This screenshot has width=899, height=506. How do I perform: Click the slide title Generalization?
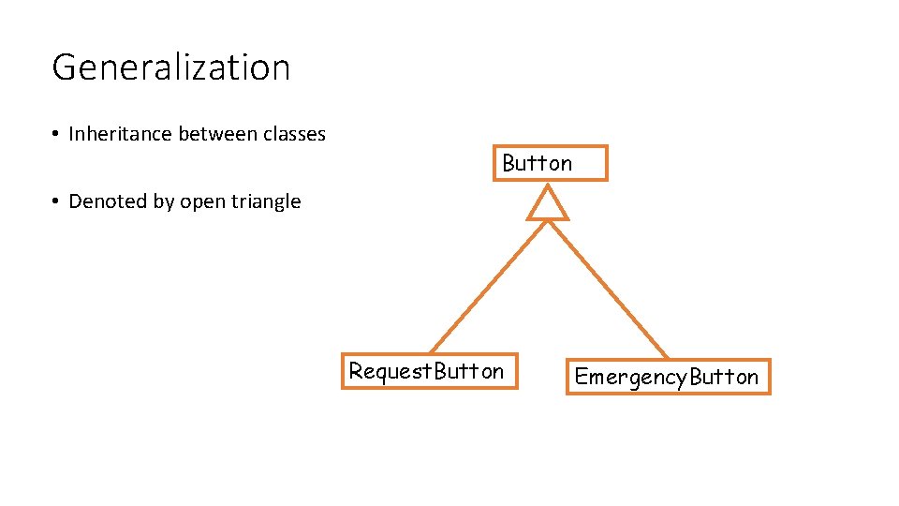[x=170, y=67]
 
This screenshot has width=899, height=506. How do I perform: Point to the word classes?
[x=294, y=134]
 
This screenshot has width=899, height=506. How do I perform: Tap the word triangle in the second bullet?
[x=266, y=202]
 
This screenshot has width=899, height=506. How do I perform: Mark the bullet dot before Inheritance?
[x=57, y=135]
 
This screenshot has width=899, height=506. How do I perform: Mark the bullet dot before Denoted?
[x=57, y=202]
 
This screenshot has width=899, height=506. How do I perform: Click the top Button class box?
[x=551, y=163]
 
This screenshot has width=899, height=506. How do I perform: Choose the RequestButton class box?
[x=427, y=371]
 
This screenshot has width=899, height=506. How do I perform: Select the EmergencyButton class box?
[x=668, y=377]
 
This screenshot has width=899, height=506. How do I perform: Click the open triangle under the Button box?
[x=548, y=203]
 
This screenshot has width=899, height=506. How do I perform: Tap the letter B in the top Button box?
[x=509, y=163]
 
